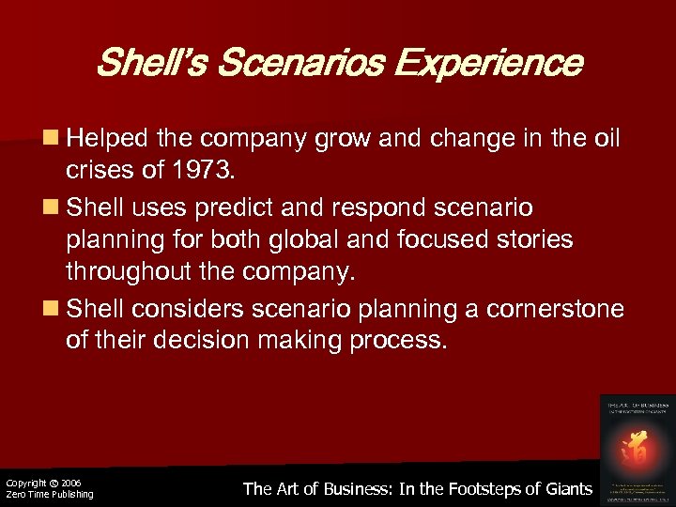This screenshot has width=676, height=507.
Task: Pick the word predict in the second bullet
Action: [253, 206]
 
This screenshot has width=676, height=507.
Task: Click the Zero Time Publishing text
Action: [50, 495]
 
